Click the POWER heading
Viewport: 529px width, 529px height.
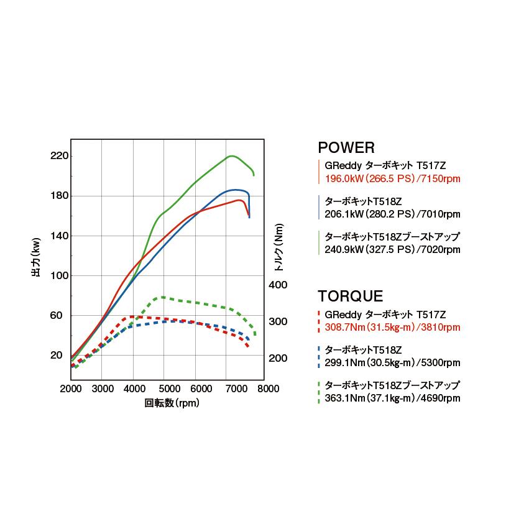(346, 148)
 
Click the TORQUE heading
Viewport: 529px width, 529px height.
(350, 297)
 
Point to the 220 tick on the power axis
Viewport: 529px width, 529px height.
(60, 156)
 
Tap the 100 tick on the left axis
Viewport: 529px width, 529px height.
(60, 275)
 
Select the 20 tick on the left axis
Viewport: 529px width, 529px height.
(57, 356)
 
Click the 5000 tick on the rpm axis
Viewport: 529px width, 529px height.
(165, 390)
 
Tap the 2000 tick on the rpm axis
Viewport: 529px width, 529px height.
(71, 390)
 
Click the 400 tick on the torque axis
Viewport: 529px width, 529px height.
(278, 285)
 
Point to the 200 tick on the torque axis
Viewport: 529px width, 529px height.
(278, 358)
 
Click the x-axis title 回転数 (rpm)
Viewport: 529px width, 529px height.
(172, 403)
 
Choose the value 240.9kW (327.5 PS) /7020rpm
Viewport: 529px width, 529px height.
(392, 249)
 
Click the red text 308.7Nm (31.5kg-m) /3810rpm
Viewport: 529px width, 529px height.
(392, 327)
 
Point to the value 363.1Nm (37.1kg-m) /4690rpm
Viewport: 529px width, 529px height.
(392, 398)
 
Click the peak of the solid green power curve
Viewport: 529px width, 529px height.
(231, 156)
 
